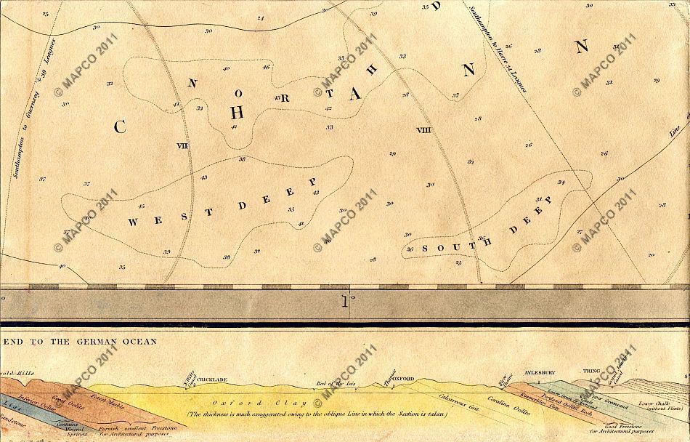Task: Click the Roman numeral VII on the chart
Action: [182, 145]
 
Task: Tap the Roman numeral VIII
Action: [424, 129]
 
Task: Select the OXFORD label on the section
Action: [404, 379]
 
